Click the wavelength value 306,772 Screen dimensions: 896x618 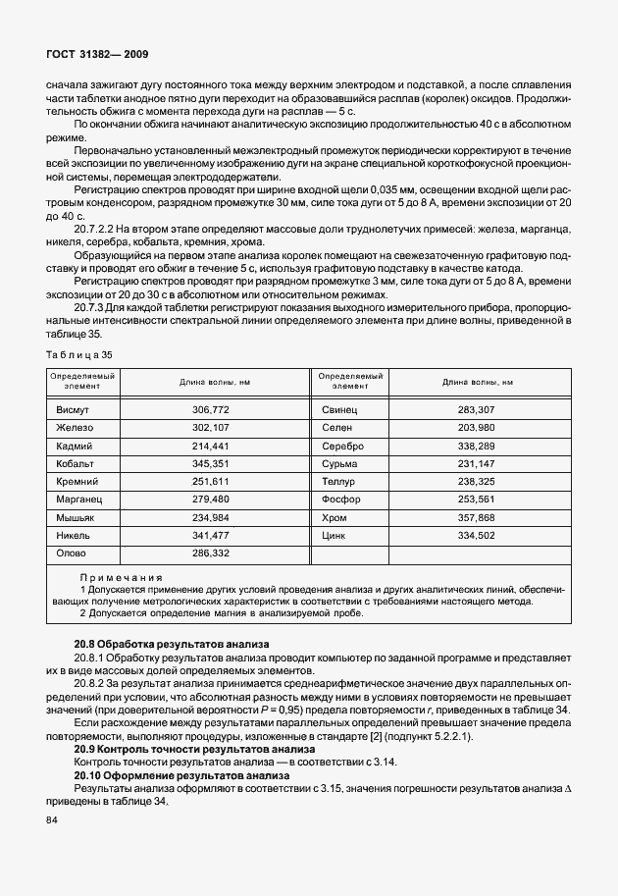(210, 408)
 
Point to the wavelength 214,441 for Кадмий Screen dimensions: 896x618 (210, 445)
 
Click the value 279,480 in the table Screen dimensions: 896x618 (210, 500)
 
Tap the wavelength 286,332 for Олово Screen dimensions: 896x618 (210, 554)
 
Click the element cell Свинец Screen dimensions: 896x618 (340, 408)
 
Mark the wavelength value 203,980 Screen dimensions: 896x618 (478, 427)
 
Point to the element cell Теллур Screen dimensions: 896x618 (339, 482)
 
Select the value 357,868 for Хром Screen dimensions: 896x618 (478, 518)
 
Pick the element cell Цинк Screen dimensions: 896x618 (335, 537)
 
